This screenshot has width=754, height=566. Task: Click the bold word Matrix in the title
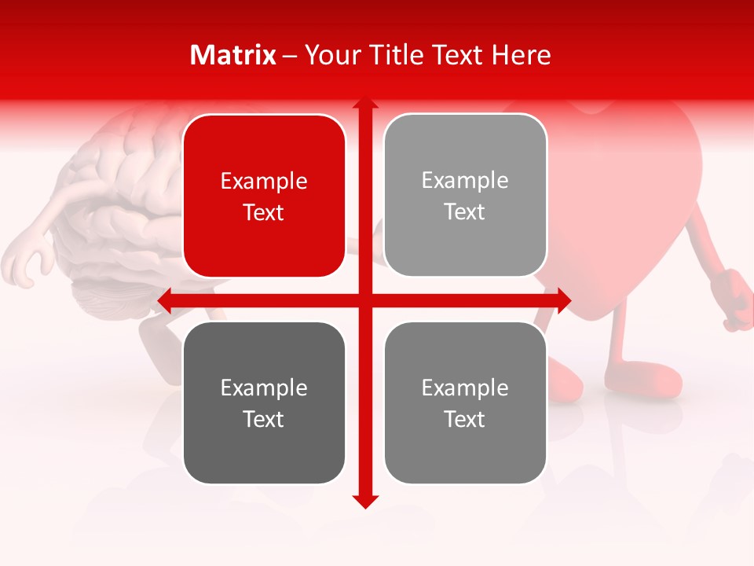click(233, 55)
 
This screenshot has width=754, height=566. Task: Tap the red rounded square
click(264, 196)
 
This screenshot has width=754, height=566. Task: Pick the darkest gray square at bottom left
click(264, 402)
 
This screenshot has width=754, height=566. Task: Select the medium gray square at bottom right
click(465, 402)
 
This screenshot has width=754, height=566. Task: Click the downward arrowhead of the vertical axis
click(364, 501)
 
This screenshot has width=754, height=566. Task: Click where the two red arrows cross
click(364, 300)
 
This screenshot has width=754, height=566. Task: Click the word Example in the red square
click(264, 181)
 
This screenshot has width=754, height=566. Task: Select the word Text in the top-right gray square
click(465, 211)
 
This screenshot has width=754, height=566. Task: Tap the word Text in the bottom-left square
click(264, 419)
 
